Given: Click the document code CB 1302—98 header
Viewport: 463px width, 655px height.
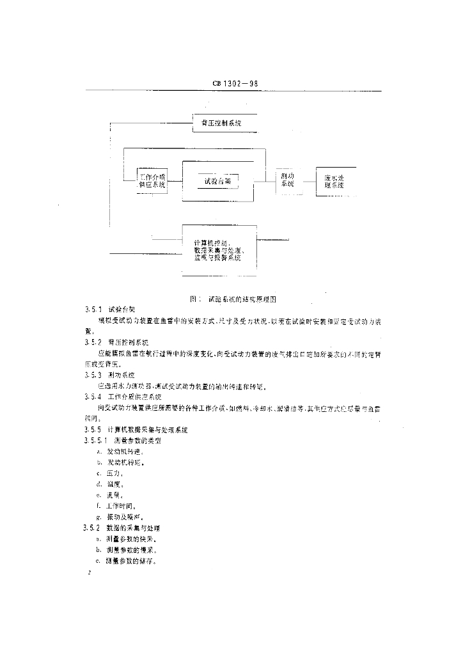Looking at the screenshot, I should coord(233,83).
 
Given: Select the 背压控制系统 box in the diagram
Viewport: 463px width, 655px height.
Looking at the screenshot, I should coord(217,122).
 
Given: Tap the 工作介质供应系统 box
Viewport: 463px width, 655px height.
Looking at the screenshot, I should coord(152,181).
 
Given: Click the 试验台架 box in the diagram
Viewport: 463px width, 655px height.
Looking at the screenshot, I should coord(217,181).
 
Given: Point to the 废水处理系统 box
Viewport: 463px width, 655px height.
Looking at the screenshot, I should coord(335,181).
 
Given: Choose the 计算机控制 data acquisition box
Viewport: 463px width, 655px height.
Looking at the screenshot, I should coord(219,250).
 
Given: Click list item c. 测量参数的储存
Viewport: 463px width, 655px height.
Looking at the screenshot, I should coord(125,560).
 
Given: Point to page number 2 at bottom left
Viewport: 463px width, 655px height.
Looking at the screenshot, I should coord(91,574).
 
